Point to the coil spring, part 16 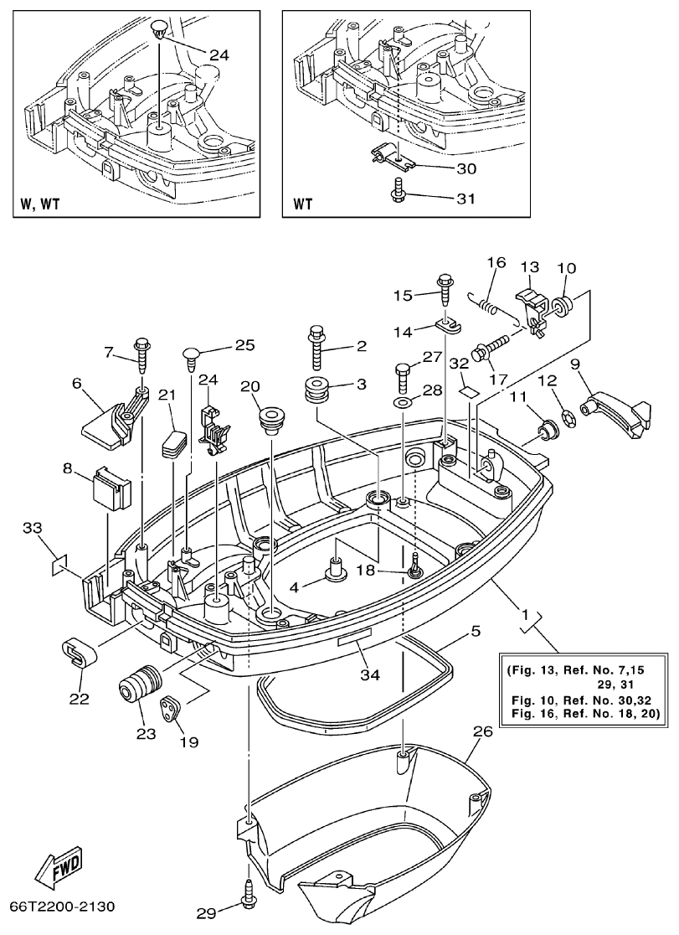[x=496, y=303]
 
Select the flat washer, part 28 [x=403, y=406]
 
